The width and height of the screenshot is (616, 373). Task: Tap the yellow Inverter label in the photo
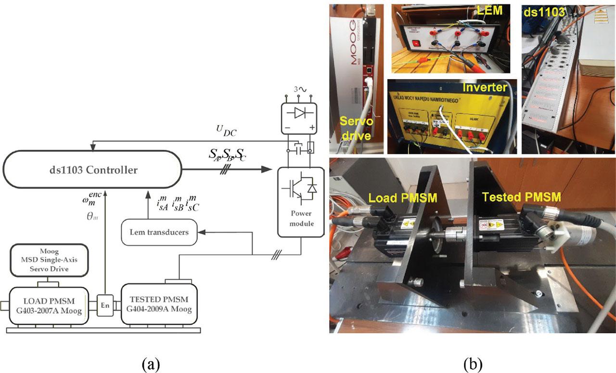point(485,88)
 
